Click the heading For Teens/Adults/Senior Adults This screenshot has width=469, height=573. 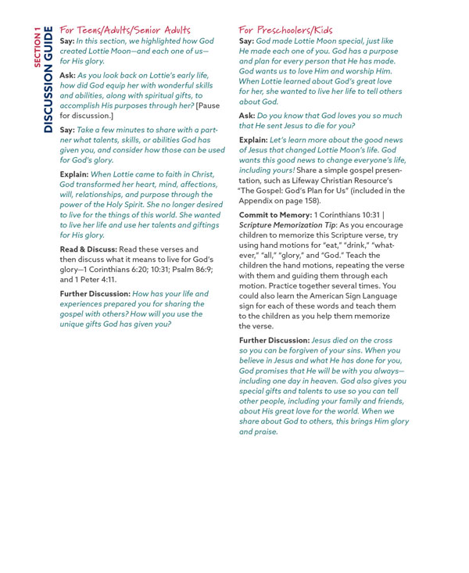pyautogui.click(x=125, y=30)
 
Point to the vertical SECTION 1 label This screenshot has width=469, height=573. pyautogui.click(x=36, y=48)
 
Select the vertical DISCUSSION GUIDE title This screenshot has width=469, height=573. pyautogui.click(x=48, y=80)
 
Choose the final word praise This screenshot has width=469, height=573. pyautogui.click(x=266, y=432)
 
